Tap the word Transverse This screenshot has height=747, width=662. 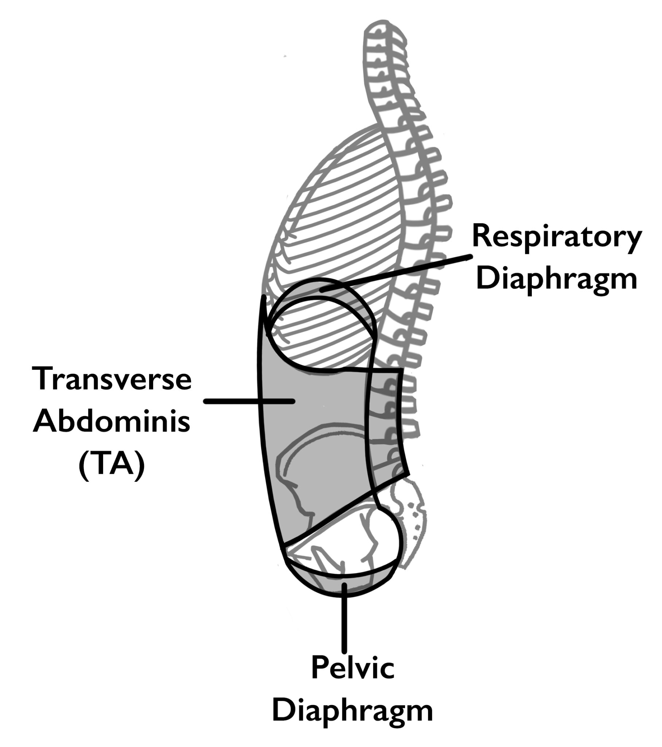[112, 379]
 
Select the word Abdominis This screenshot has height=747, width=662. [112, 421]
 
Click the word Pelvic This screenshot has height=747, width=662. [353, 668]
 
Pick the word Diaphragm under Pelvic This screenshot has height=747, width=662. [353, 711]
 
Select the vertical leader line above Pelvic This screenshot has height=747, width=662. [344, 621]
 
